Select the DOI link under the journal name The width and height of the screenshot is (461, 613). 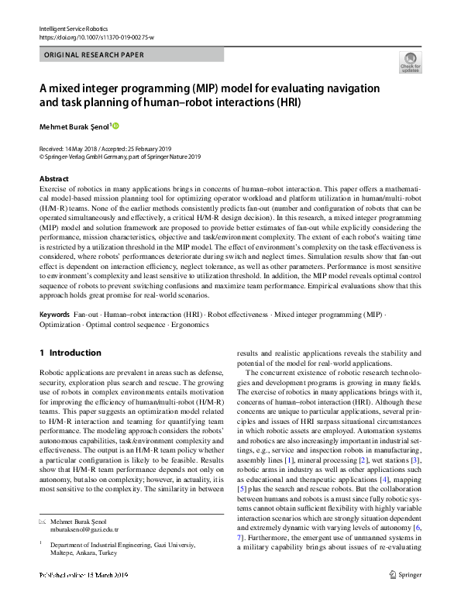point(91,36)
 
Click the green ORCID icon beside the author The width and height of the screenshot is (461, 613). point(117,126)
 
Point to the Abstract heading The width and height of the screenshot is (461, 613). point(54,178)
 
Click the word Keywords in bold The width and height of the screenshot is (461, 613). point(53,315)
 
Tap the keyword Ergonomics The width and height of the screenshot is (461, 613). point(190,325)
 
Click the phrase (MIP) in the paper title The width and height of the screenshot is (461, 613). point(202,87)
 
